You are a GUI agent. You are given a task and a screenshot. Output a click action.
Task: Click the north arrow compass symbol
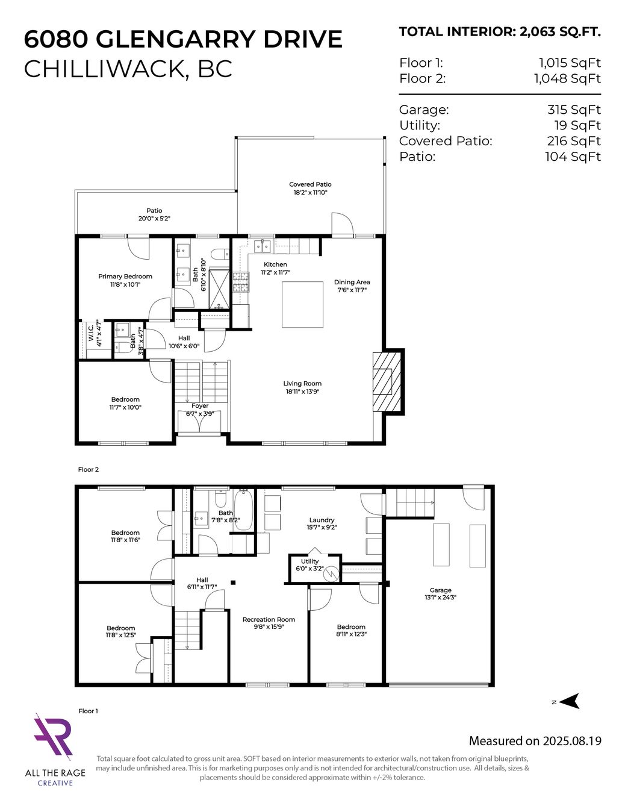pos(569,701)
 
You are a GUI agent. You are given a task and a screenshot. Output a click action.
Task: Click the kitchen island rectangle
pos(302,305)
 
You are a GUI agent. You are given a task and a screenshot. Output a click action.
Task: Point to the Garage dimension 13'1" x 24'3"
pos(441,598)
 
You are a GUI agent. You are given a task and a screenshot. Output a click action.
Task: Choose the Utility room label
pos(310,561)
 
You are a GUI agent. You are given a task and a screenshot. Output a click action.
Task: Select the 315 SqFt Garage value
pos(574,110)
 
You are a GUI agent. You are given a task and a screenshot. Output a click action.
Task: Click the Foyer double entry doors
pos(199,420)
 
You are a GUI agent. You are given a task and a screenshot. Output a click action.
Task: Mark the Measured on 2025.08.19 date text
pos(535,741)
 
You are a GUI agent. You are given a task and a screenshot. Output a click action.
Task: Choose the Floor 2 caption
pos(88,469)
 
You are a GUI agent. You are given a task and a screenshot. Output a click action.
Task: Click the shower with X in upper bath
pos(219,289)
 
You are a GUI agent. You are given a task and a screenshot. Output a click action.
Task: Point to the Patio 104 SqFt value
pos(573,157)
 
